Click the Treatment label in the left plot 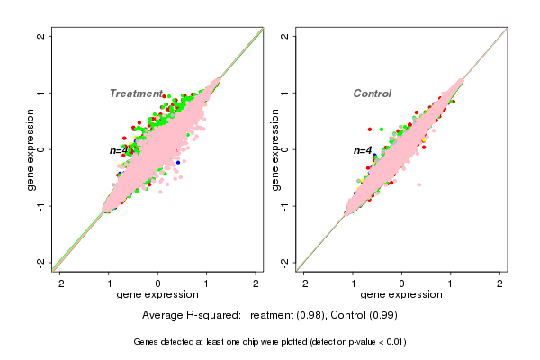[136, 94]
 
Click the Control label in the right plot [372, 94]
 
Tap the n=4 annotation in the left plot [121, 150]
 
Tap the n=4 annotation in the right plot [363, 150]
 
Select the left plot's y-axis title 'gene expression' [32, 149]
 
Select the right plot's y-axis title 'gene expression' [275, 149]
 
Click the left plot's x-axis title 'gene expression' [157, 295]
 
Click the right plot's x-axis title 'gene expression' [401, 295]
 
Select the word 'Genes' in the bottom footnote [147, 342]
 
